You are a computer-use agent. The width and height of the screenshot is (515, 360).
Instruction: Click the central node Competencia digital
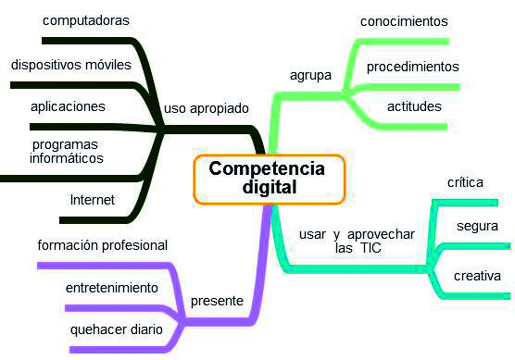(x=269, y=178)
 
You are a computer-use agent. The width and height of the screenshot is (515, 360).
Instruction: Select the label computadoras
(x=73, y=19)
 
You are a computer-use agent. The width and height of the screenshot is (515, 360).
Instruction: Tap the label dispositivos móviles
(x=71, y=66)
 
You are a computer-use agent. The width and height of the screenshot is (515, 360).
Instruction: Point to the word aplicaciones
(x=68, y=106)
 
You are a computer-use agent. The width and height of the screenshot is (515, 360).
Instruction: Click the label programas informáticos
(x=67, y=151)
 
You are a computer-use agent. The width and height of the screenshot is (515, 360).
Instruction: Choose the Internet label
(x=93, y=199)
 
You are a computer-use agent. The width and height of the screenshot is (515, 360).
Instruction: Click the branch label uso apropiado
(x=207, y=108)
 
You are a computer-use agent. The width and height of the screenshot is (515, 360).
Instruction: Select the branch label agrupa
(x=311, y=74)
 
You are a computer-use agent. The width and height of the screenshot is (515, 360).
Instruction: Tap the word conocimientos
(x=404, y=20)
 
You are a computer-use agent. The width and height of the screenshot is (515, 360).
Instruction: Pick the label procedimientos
(x=412, y=67)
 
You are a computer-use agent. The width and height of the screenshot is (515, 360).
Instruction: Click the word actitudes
(x=414, y=106)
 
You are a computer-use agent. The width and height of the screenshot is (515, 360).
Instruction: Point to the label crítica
(x=465, y=182)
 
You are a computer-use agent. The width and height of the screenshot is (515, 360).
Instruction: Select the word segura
(x=478, y=227)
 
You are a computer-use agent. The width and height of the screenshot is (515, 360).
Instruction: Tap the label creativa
(x=477, y=276)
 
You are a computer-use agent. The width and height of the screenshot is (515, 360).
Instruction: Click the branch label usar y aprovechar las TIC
(x=357, y=241)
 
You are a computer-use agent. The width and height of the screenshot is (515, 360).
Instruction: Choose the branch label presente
(x=217, y=301)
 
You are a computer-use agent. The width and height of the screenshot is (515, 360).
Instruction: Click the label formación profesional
(x=102, y=245)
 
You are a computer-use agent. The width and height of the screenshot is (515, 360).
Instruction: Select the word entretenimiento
(x=111, y=288)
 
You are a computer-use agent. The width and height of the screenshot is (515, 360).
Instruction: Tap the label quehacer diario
(x=117, y=329)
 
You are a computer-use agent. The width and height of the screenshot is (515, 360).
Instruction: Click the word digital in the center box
(x=268, y=187)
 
